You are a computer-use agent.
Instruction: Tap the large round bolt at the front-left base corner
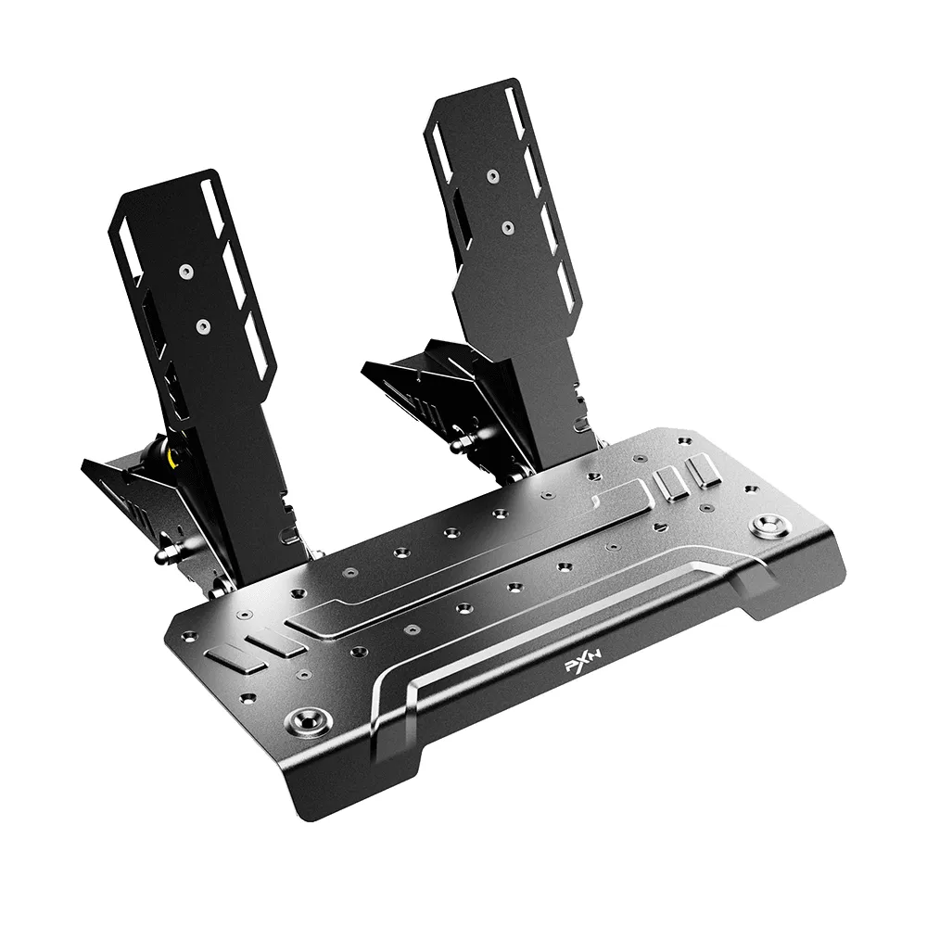pyautogui.click(x=307, y=719)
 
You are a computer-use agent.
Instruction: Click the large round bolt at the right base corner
pyautogui.click(x=767, y=526)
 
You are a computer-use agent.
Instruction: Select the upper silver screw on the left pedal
pyautogui.click(x=187, y=271)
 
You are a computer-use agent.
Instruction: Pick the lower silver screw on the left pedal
pyautogui.click(x=203, y=325)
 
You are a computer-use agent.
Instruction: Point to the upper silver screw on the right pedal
pyautogui.click(x=492, y=175)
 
